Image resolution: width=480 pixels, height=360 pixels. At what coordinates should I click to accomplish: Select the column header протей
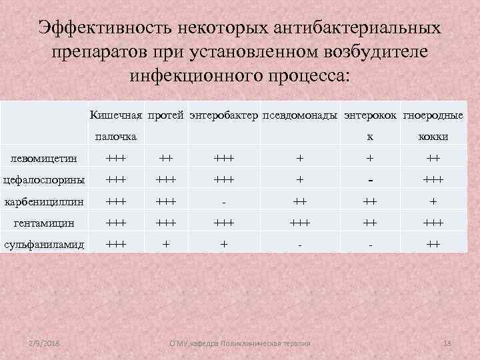166,115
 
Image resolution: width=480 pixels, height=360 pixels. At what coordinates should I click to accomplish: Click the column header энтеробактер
224,115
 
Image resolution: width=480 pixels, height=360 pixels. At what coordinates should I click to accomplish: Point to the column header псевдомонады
301,115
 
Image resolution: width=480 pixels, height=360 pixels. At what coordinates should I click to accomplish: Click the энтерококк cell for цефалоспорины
368,181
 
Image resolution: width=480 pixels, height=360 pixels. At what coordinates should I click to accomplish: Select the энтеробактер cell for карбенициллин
224,202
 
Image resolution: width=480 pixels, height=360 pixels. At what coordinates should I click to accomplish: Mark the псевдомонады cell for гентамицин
300,223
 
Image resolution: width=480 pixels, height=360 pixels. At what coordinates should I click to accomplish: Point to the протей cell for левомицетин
166,159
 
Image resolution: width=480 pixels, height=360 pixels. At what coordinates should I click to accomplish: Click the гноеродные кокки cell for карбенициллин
433,201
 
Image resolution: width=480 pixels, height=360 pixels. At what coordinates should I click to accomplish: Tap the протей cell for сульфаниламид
166,245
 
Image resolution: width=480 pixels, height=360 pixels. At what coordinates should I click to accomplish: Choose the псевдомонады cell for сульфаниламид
300,245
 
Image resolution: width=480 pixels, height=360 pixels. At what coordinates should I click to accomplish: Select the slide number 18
447,343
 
